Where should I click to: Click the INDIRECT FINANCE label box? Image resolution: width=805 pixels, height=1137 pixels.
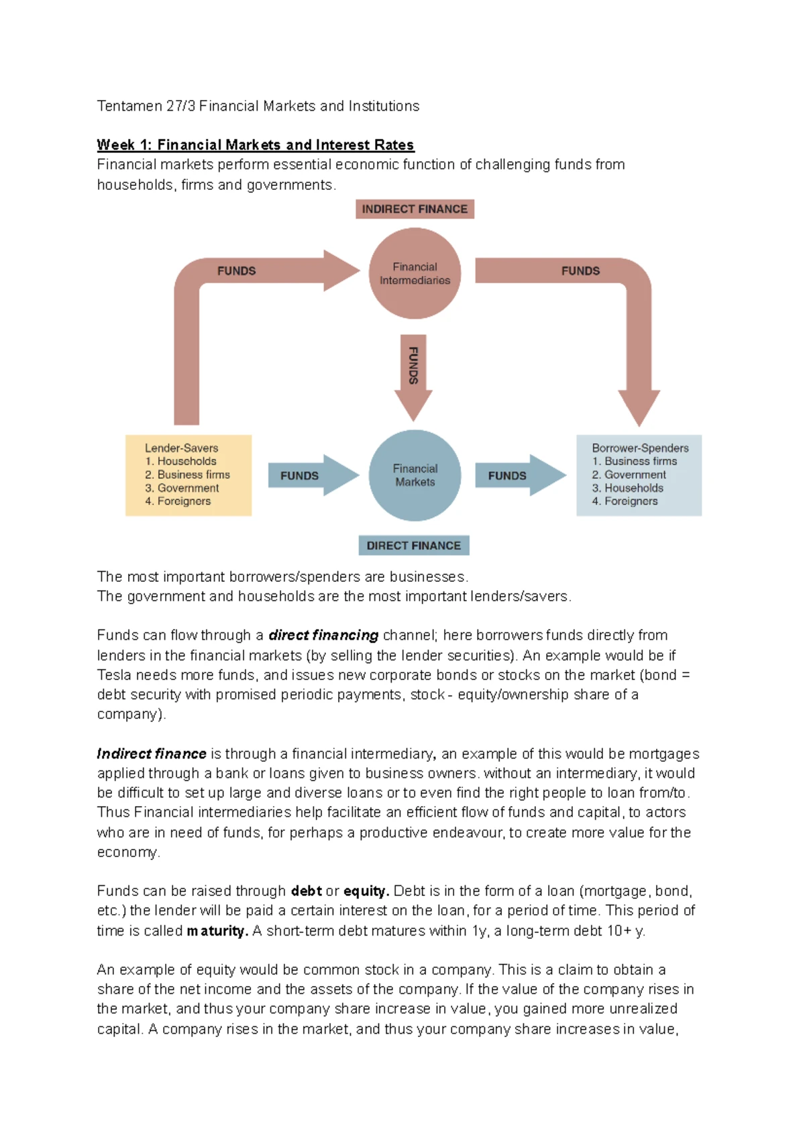[x=415, y=209]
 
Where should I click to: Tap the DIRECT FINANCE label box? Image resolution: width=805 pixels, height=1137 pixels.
[x=413, y=545]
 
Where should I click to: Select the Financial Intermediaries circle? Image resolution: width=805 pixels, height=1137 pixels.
[x=415, y=273]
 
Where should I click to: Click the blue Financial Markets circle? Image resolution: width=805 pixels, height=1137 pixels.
[x=415, y=475]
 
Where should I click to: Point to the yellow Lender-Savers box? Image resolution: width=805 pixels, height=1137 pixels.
[x=189, y=475]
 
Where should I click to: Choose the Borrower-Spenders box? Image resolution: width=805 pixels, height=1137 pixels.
[x=639, y=475]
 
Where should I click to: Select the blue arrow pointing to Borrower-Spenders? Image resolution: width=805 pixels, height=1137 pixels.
[x=519, y=475]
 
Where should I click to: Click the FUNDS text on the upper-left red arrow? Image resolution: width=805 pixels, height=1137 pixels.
[x=236, y=270]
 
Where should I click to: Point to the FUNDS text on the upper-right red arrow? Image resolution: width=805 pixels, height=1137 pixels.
[x=580, y=270]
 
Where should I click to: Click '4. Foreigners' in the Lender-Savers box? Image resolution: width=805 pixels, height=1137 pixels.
[x=178, y=501]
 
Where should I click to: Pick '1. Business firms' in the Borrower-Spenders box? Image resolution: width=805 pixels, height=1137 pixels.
[x=634, y=461]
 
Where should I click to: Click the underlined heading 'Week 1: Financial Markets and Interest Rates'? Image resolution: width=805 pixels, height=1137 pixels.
[x=255, y=144]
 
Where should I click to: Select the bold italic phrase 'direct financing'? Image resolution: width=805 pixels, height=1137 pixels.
[x=323, y=635]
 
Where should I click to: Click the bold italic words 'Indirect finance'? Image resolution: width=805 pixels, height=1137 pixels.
[x=152, y=753]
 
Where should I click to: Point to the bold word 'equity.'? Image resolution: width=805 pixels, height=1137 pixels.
[x=366, y=891]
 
